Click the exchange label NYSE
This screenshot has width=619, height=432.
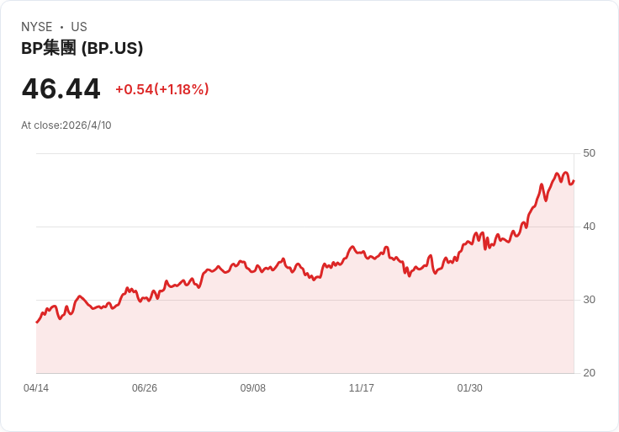[x=37, y=27]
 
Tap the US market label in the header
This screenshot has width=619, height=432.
[x=79, y=27]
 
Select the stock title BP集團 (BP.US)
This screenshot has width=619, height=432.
[x=82, y=48]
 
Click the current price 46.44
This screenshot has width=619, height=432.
[x=61, y=88]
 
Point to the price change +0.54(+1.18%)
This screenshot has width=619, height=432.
[x=161, y=89]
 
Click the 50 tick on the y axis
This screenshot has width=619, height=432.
[x=589, y=153]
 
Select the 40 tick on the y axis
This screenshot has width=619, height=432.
[x=589, y=227]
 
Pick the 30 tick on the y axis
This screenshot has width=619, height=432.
[x=589, y=300]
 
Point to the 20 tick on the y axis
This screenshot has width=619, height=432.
[x=589, y=373]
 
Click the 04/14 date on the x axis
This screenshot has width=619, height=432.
[x=36, y=388]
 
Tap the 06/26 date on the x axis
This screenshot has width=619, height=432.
[x=145, y=388]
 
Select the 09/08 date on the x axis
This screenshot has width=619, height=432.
[x=253, y=388]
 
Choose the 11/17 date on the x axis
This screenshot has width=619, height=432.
[x=362, y=388]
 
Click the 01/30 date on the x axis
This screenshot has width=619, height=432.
[x=470, y=388]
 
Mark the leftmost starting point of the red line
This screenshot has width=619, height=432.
[x=36, y=323]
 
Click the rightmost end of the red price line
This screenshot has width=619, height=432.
[x=574, y=179]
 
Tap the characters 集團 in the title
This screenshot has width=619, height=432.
[x=60, y=48]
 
